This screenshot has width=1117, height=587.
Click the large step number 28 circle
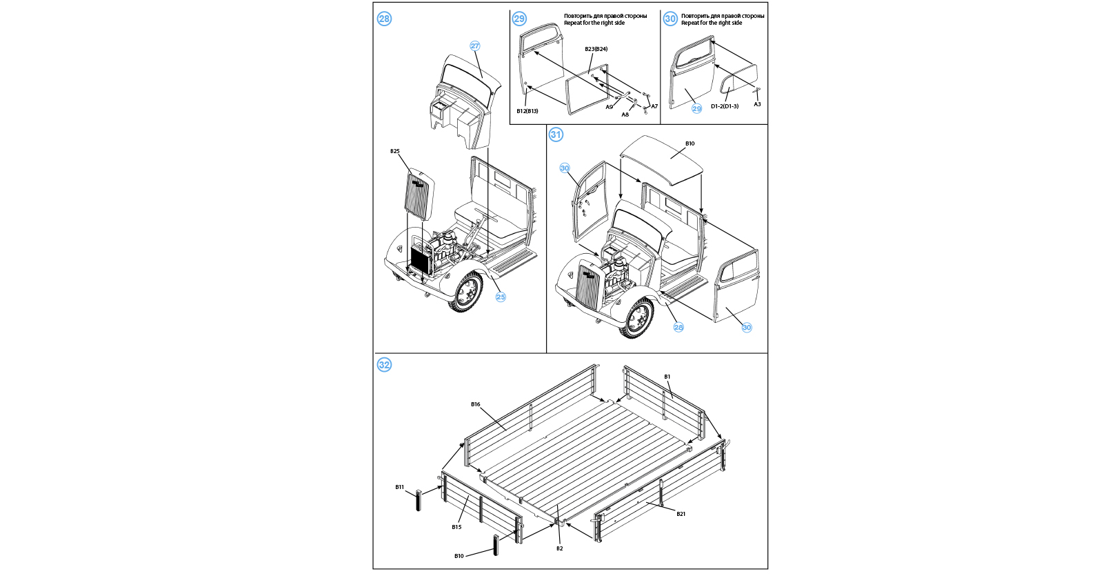tap(384, 19)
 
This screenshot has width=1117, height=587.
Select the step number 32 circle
tap(384, 365)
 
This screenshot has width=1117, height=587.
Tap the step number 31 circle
tap(556, 135)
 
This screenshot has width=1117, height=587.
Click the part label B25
tap(394, 151)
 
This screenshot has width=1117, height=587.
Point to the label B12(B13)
tap(527, 111)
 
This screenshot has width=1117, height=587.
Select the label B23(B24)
tap(596, 49)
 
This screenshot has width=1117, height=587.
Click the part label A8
tap(625, 115)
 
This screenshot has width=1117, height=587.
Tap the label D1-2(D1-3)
tap(724, 106)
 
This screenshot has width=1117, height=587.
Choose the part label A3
tap(757, 104)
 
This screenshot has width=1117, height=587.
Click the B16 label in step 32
tap(475, 404)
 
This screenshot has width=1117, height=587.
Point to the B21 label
tap(681, 514)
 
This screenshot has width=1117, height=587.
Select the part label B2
tap(559, 548)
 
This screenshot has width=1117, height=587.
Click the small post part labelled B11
tap(418, 500)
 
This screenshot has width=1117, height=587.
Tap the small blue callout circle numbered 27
tap(474, 46)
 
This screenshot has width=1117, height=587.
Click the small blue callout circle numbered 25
tap(501, 297)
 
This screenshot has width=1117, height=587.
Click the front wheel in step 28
tap(467, 292)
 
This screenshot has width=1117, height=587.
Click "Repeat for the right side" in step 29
tap(594, 23)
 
